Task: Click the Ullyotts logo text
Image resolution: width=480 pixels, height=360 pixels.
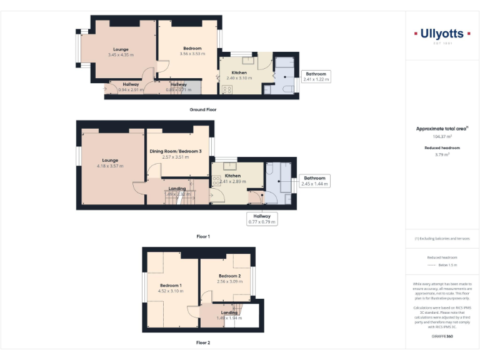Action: point(442,34)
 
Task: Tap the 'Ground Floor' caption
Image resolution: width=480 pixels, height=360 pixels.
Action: point(203,109)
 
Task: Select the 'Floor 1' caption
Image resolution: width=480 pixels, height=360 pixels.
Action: point(203,237)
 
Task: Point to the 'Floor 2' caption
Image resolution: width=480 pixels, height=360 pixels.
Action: point(203,342)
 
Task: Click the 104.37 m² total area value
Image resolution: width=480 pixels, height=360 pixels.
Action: point(442,136)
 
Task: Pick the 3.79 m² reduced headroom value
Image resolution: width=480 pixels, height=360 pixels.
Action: point(442,154)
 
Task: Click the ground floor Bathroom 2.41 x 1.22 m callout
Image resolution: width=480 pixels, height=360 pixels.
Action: point(316,77)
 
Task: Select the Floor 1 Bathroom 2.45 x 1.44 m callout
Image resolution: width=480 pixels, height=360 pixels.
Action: point(315,181)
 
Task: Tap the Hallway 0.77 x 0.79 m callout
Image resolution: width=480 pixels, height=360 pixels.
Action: point(262,218)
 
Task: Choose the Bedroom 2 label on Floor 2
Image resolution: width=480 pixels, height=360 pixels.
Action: point(229,279)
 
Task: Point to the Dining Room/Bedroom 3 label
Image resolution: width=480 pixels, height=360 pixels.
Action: point(176,154)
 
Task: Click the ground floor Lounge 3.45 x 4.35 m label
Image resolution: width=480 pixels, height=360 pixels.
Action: point(121,52)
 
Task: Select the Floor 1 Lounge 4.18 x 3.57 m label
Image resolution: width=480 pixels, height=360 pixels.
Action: point(110,163)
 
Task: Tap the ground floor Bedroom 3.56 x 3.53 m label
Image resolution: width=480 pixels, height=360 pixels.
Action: point(192,51)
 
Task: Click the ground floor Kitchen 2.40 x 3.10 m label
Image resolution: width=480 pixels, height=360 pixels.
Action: point(242,76)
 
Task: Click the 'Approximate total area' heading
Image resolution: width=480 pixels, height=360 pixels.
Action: point(442,129)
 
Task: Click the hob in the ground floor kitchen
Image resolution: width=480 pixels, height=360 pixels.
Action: point(226,89)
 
